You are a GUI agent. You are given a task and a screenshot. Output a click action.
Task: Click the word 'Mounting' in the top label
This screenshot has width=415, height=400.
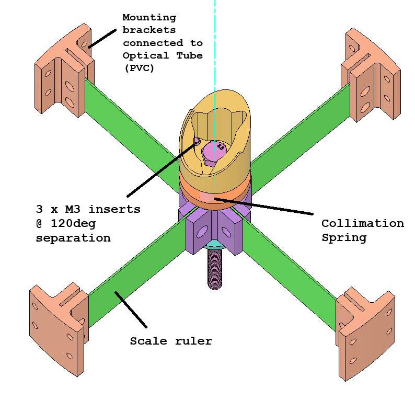click(148, 17)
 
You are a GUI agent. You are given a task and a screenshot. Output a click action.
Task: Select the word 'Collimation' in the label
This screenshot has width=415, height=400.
click(362, 224)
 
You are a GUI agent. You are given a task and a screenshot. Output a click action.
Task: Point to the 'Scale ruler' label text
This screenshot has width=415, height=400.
click(171, 341)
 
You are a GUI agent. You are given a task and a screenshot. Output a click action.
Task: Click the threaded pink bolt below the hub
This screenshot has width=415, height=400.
click(215, 269)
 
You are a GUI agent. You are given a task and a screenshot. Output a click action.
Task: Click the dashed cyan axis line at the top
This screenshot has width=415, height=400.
click(214, 31)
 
